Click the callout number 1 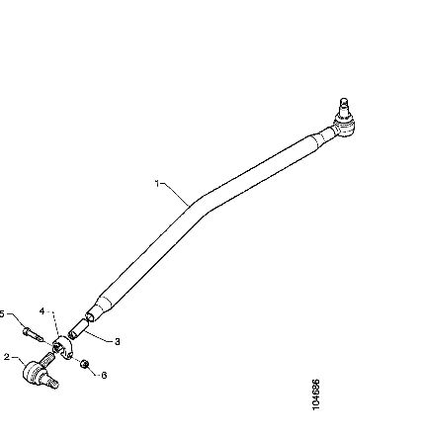coord(157,184)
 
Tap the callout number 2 coord(7,357)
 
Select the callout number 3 coord(117,342)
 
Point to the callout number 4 coord(42,311)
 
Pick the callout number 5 coord(2,313)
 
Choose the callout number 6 coord(104,375)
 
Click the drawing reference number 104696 coord(315,395)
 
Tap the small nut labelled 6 coord(85,364)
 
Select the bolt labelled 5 coord(33,334)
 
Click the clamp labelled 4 coord(62,348)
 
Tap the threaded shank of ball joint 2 coord(47,358)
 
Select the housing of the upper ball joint coord(344,126)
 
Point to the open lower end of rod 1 coord(90,316)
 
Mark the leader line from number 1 coord(176,195)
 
